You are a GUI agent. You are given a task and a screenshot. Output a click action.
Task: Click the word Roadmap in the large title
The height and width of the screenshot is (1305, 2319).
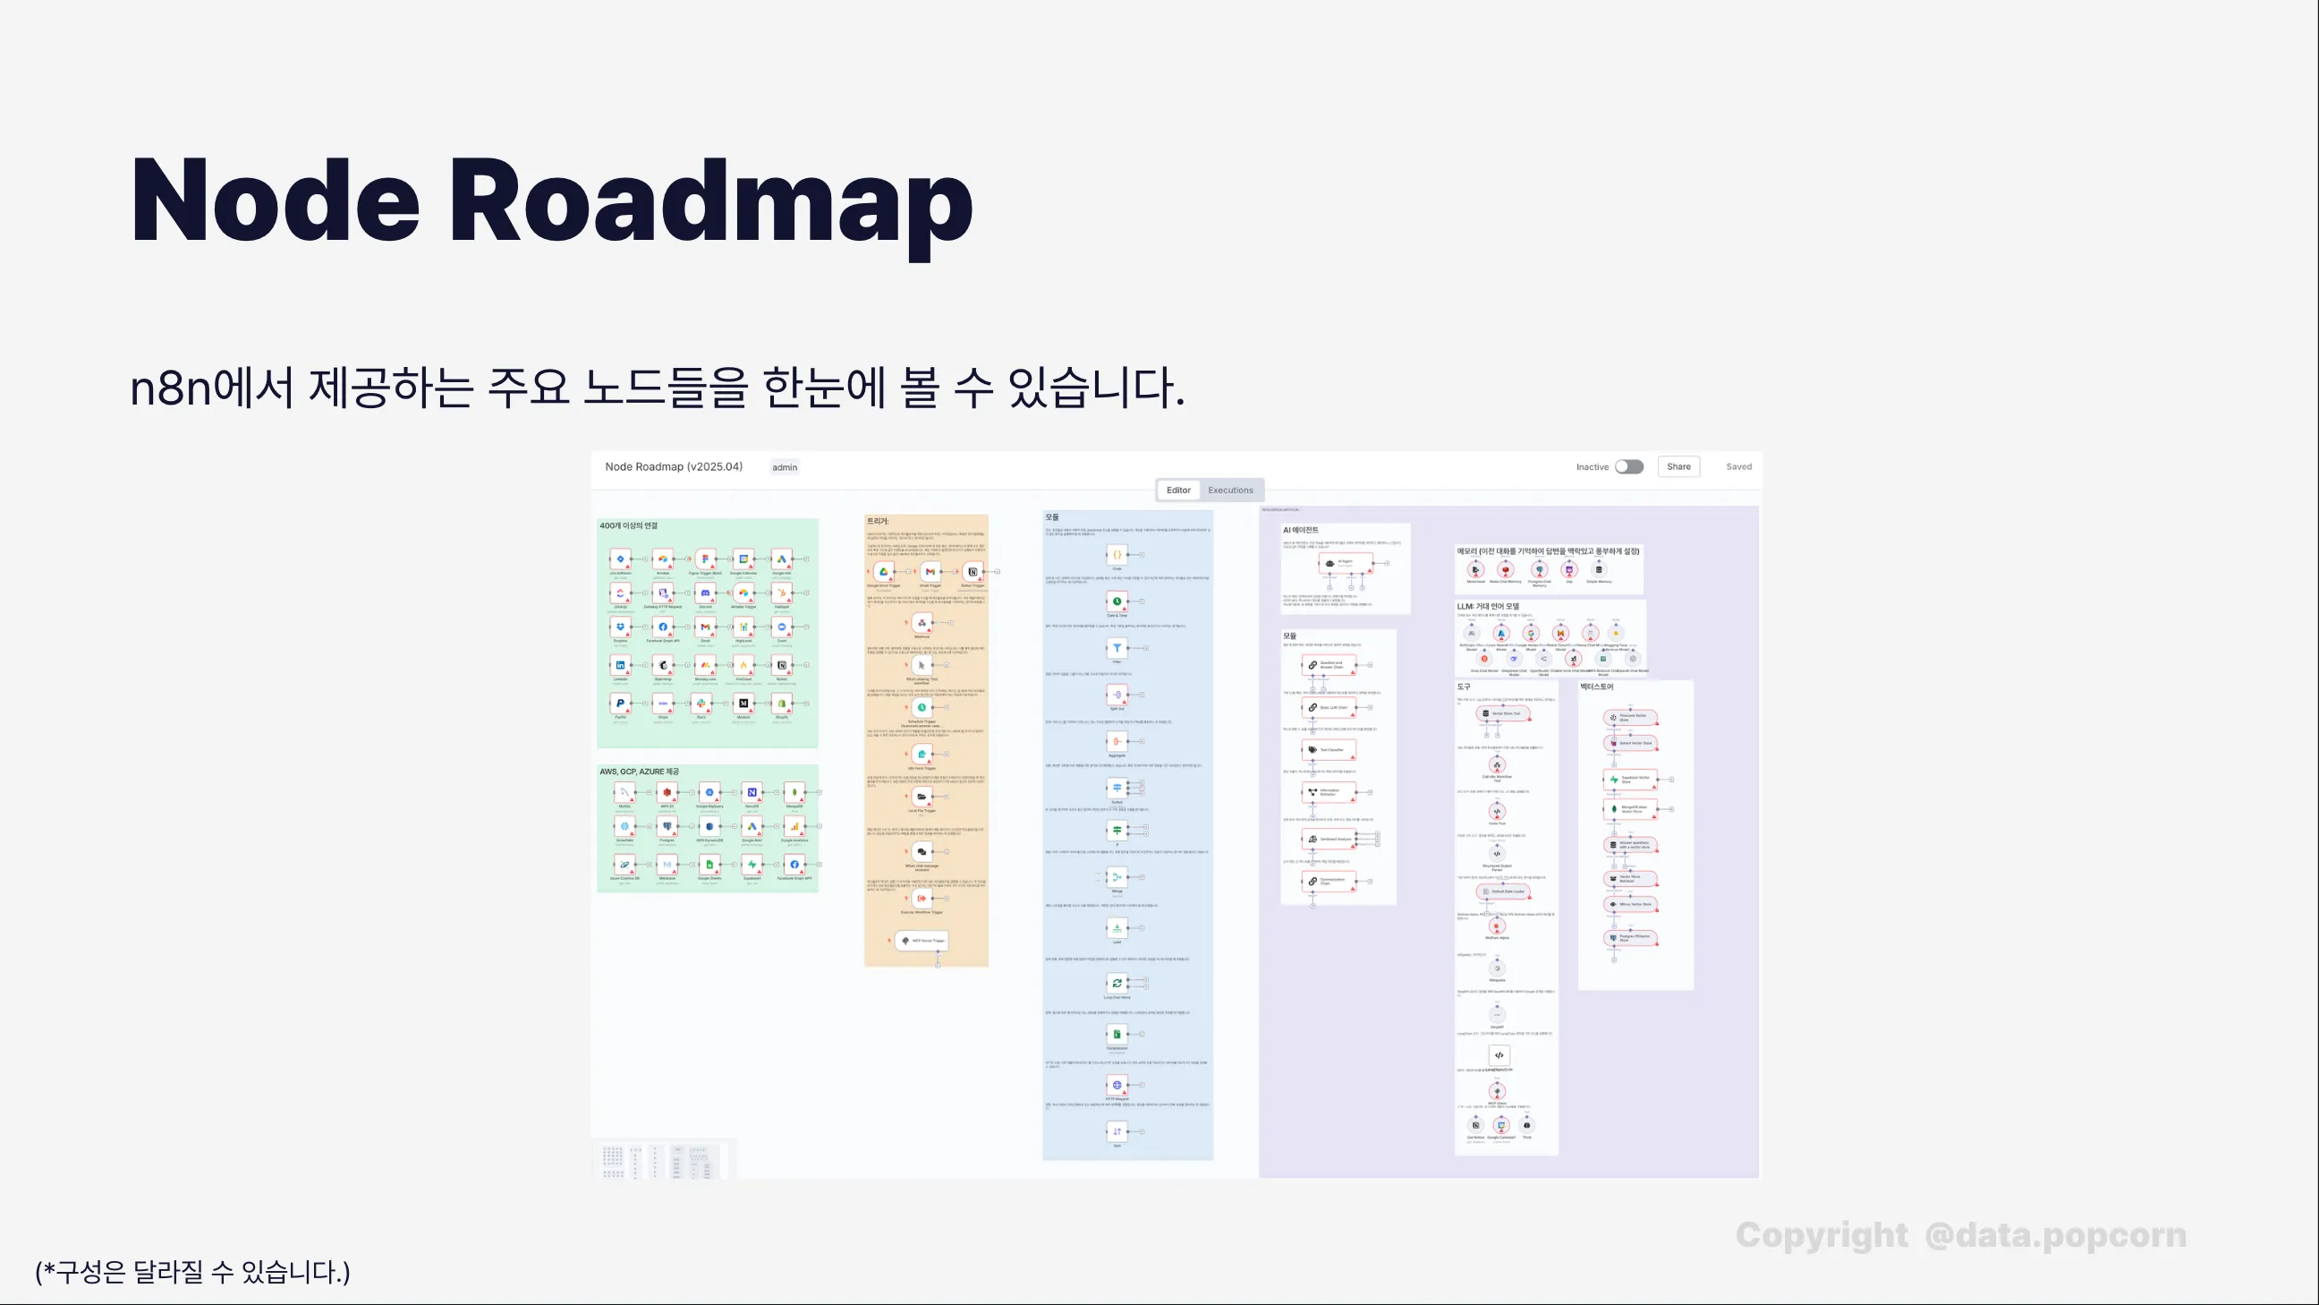pyautogui.click(x=709, y=200)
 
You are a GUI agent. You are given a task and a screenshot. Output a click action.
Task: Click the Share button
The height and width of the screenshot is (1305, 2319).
pyautogui.click(x=1678, y=466)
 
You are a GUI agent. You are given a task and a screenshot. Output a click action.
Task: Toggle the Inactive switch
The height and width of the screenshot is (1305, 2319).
pyautogui.click(x=1628, y=466)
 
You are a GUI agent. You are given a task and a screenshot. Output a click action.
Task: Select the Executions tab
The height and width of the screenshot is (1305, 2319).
pyautogui.click(x=1229, y=490)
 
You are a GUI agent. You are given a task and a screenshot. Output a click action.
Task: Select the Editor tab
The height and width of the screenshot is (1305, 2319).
pyautogui.click(x=1178, y=490)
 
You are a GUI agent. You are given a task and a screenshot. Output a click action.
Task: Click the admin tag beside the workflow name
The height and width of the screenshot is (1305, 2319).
pyautogui.click(x=784, y=467)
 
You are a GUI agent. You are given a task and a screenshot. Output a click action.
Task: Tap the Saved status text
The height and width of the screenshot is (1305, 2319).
pyautogui.click(x=1738, y=466)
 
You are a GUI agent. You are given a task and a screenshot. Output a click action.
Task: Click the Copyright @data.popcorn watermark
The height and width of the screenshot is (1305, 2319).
pyautogui.click(x=1961, y=1235)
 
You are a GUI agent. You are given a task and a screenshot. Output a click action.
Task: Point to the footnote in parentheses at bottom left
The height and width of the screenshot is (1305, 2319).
pyautogui.click(x=192, y=1272)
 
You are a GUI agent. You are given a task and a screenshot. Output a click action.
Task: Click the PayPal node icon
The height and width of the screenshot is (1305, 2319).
pyautogui.click(x=620, y=703)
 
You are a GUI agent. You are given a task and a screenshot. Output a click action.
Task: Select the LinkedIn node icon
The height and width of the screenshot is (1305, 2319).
pyautogui.click(x=620, y=665)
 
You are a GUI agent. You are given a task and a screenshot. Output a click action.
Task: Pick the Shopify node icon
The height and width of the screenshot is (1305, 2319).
pyautogui.click(x=781, y=703)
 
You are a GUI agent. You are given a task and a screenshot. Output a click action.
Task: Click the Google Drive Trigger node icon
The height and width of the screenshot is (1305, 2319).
pyautogui.click(x=883, y=572)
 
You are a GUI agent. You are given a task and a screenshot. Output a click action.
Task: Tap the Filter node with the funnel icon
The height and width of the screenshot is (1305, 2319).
pyautogui.click(x=1117, y=647)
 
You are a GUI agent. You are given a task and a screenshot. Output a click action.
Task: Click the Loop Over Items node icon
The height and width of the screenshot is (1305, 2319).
pyautogui.click(x=1117, y=984)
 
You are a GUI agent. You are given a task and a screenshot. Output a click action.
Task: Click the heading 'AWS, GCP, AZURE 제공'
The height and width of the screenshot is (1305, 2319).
pyautogui.click(x=639, y=772)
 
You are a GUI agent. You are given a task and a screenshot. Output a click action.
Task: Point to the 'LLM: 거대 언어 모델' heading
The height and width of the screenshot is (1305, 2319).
pyautogui.click(x=1488, y=606)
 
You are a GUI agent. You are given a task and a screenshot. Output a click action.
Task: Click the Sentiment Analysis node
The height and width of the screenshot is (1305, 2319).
pyautogui.click(x=1329, y=839)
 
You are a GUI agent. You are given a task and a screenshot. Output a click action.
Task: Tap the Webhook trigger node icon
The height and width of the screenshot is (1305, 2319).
pyautogui.click(x=922, y=622)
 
